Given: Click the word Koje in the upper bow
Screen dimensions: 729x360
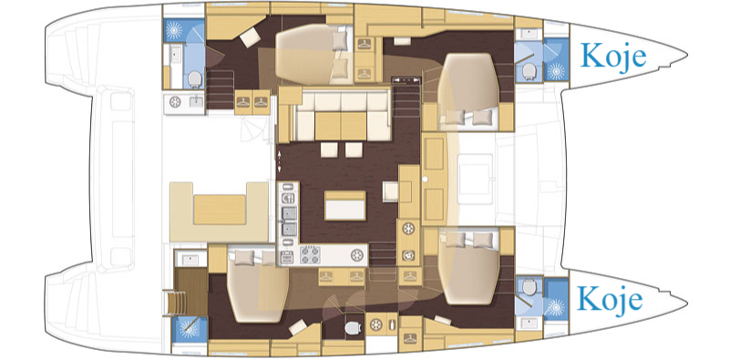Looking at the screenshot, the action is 612,57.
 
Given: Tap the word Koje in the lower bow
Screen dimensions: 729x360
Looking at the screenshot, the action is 610,298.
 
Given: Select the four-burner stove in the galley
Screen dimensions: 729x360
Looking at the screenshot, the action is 311,255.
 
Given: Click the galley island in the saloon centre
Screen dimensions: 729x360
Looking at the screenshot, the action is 344,205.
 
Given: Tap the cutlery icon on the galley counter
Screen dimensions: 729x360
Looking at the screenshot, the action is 288,197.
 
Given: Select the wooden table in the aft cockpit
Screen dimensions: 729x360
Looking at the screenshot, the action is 220,210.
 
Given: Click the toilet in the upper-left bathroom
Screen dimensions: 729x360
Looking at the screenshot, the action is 195,79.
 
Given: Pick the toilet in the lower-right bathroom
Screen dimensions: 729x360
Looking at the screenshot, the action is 529,287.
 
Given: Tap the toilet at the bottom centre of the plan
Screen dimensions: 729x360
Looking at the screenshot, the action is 353,328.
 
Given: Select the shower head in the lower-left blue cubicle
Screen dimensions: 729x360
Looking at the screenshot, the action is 189,329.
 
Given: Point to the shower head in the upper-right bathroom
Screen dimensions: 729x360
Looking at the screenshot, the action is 556,71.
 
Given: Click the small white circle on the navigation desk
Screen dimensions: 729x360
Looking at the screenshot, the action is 425,179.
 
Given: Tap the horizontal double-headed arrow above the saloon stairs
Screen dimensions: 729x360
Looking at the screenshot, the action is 406,80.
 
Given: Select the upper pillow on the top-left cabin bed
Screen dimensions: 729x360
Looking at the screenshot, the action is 340,41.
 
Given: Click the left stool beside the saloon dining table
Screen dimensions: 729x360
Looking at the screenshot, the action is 329,149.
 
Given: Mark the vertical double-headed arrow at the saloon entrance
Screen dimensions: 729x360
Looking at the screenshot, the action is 279,162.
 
